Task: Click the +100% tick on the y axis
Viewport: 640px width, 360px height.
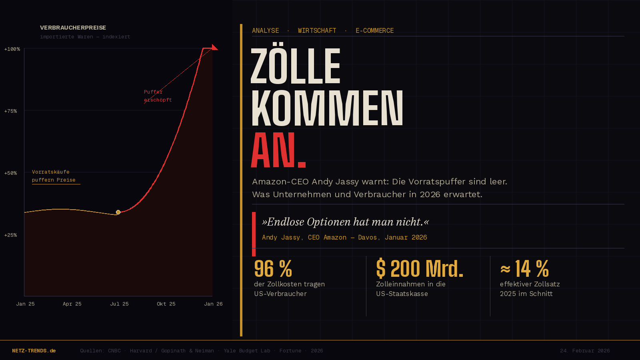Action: point(12,49)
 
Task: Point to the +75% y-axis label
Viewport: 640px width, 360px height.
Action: point(11,111)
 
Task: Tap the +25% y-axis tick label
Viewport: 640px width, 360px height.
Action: point(11,235)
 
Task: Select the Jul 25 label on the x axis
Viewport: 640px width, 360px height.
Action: point(119,304)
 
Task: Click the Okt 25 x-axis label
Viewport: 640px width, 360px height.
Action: point(166,304)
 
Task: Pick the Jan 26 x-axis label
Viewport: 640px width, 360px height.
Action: point(213,304)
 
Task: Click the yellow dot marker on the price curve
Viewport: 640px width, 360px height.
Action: point(118,212)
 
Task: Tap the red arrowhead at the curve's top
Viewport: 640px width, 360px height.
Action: point(215,48)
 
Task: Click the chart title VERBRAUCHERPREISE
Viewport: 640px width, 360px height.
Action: point(73,28)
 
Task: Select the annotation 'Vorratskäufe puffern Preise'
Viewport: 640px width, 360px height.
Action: point(54,176)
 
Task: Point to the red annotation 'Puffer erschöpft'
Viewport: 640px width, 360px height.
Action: point(158,96)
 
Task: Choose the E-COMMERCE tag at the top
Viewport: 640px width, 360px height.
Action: point(374,31)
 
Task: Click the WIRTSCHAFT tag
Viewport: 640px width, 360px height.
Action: point(317,31)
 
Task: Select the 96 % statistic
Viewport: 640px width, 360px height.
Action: point(273,269)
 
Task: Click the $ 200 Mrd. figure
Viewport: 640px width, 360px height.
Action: point(420,269)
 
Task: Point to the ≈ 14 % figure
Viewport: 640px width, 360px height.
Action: point(524,269)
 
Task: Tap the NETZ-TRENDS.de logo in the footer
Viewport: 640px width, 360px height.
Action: point(34,351)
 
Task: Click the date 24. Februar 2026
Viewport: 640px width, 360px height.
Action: point(585,351)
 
